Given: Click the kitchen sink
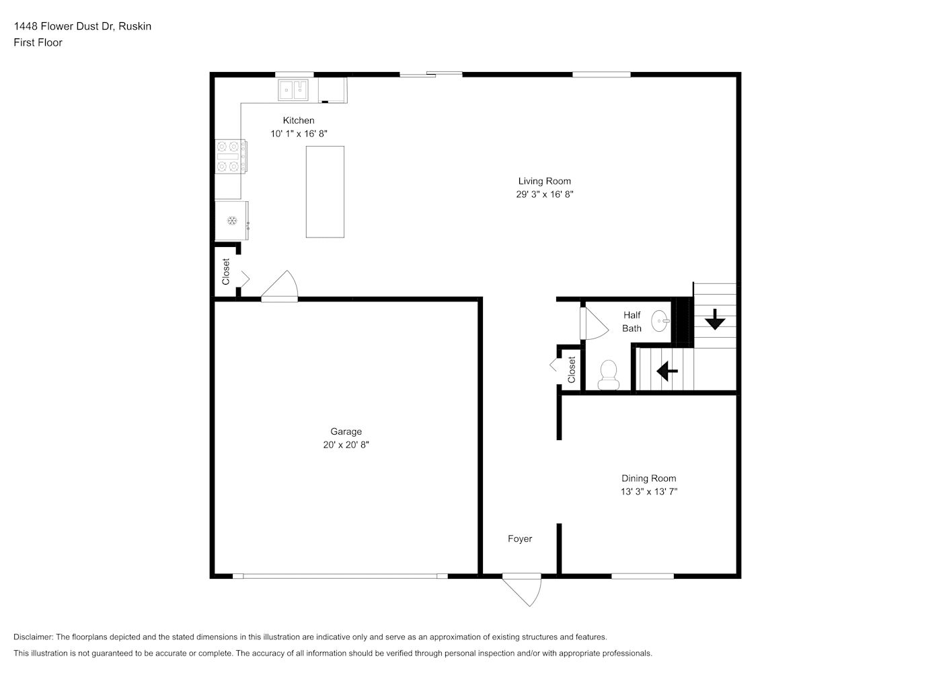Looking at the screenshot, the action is click(293, 90).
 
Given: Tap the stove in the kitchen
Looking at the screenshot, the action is click(231, 156).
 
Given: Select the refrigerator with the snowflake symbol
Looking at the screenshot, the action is click(231, 221).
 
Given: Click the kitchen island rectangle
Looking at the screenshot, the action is click(326, 192).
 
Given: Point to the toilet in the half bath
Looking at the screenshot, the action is click(609, 375).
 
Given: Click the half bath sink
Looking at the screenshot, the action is click(660, 321).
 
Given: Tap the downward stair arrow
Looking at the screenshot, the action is click(715, 320).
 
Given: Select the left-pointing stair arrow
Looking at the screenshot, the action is click(667, 371).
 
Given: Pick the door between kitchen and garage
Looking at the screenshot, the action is click(280, 286).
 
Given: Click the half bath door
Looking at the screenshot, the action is click(593, 323).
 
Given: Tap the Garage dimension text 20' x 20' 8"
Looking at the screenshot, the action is click(346, 444).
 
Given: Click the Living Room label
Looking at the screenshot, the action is click(544, 181).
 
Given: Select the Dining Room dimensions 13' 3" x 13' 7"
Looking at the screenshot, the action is click(649, 491).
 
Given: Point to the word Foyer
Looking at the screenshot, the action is click(520, 538).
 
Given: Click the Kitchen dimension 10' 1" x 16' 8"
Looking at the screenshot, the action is click(299, 133).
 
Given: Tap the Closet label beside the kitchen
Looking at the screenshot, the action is click(225, 271).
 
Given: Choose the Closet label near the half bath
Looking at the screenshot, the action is click(572, 369).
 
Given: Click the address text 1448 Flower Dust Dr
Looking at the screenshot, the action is click(64, 26).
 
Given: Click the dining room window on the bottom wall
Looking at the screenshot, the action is click(642, 576).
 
